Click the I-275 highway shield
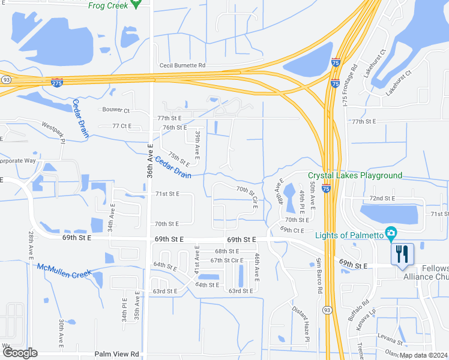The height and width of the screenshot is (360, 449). [57, 82]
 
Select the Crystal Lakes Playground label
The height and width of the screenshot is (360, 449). [355, 176]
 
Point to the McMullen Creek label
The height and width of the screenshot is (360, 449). [64, 270]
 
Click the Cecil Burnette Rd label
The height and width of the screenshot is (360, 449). [182, 65]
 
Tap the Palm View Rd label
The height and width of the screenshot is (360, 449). [117, 354]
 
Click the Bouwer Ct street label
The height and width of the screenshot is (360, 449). [118, 110]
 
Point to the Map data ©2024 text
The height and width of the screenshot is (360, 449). [423, 355]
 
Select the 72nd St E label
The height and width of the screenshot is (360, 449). [382, 198]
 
